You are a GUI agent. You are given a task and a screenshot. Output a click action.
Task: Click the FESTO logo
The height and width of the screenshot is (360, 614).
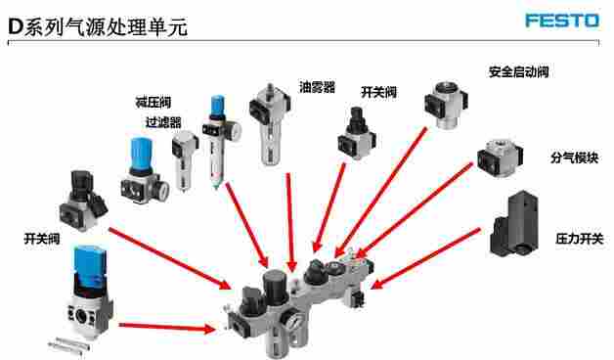tap(562, 21)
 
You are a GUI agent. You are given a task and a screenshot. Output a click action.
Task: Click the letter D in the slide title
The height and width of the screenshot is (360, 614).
tap(16, 26)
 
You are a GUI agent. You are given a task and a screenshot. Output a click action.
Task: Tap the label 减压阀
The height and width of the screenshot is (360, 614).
tap(153, 103)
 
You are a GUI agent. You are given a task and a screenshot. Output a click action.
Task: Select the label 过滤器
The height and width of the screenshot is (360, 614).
tap(163, 122)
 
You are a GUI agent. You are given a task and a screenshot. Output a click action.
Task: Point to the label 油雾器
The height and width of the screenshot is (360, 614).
tap(317, 87)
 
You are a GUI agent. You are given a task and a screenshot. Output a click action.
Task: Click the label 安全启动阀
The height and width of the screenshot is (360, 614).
tap(518, 71)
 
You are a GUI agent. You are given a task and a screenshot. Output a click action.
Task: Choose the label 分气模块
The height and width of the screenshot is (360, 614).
tap(575, 157)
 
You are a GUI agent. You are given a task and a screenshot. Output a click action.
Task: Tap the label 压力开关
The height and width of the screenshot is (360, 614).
tap(579, 238)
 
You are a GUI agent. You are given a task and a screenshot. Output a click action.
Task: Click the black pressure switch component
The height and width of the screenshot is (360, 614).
tap(513, 224)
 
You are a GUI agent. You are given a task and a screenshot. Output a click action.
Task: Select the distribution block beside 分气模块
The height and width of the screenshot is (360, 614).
tap(500, 157)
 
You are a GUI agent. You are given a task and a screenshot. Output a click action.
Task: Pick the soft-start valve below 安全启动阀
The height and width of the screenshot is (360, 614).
tap(446, 105)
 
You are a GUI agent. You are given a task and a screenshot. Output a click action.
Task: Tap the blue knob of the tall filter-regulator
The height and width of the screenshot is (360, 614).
tap(218, 105)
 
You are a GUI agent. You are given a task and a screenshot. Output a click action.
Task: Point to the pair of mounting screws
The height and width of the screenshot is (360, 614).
tap(68, 344)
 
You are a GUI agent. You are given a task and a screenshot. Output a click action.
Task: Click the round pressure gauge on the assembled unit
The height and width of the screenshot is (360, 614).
tap(292, 322)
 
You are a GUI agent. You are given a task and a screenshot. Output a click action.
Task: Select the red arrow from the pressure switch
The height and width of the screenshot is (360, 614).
tap(425, 258)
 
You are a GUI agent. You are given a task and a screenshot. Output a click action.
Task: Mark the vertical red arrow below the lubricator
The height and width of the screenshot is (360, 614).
tap(289, 222)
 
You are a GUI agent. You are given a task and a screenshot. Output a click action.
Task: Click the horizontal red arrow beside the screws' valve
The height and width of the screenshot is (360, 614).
tap(167, 327)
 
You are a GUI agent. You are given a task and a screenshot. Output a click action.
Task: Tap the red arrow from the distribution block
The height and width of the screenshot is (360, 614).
tap(416, 209)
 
